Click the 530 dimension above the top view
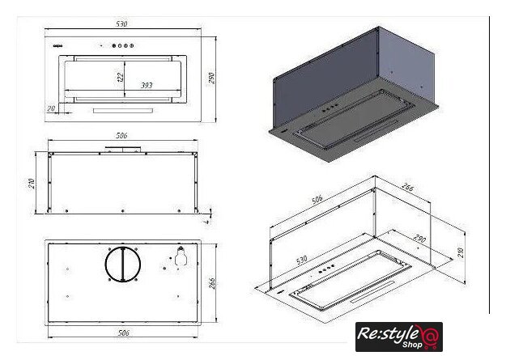pyautogui.click(x=121, y=25)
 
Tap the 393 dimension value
pyautogui.click(x=147, y=83)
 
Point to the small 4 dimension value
pyautogui.click(x=209, y=218)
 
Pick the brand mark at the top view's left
pyautogui.click(x=57, y=46)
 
